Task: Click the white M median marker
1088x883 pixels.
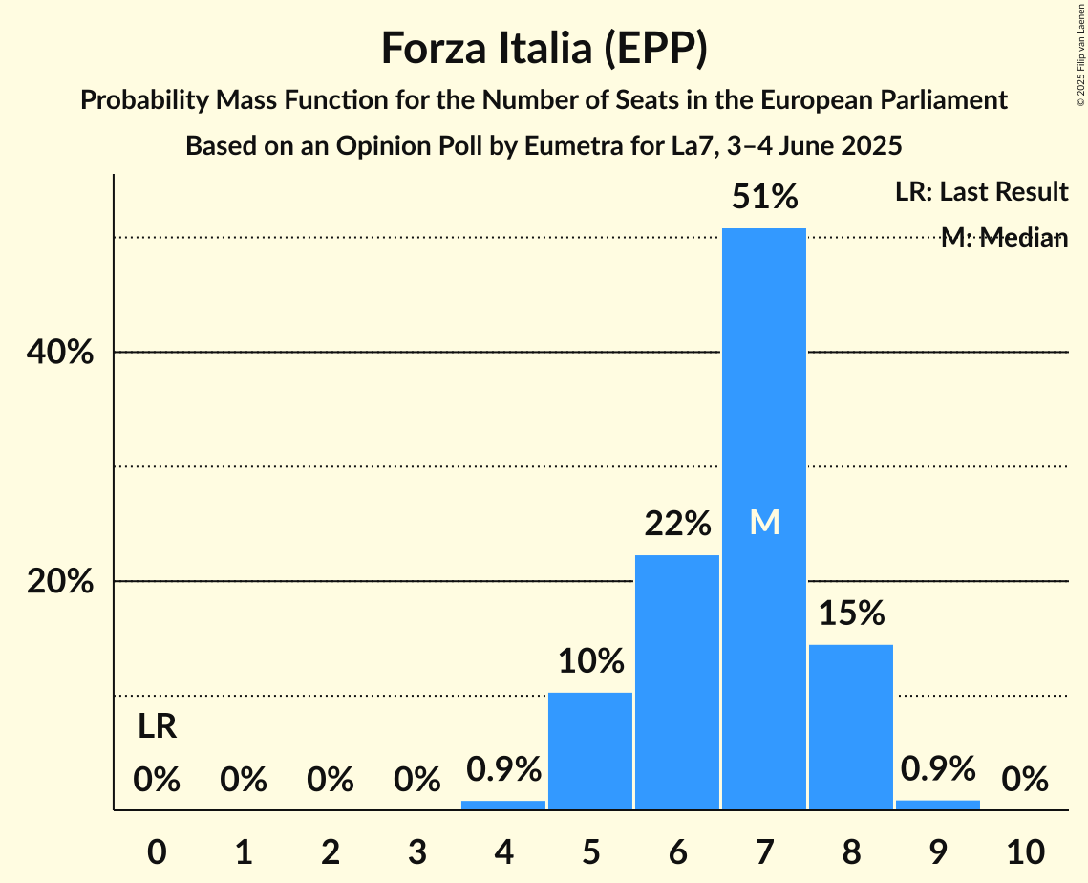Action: pyautogui.click(x=764, y=522)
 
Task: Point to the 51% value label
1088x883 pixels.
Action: pyautogui.click(x=764, y=198)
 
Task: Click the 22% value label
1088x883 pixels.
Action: pyautogui.click(x=676, y=524)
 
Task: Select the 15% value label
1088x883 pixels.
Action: pyautogui.click(x=850, y=614)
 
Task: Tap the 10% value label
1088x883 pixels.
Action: pyautogui.click(x=590, y=660)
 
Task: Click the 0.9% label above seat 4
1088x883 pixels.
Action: pyautogui.click(x=503, y=768)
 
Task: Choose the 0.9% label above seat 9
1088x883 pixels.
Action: pyautogui.click(x=937, y=768)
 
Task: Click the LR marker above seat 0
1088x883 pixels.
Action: pyautogui.click(x=157, y=727)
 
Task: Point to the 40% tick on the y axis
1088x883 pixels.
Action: pyautogui.click(x=59, y=353)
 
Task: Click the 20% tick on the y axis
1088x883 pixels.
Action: pyautogui.click(x=59, y=582)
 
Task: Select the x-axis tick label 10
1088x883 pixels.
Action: pyautogui.click(x=1024, y=851)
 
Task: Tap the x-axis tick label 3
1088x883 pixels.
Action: pyautogui.click(x=416, y=851)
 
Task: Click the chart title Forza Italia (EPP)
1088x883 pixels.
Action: pyautogui.click(x=544, y=49)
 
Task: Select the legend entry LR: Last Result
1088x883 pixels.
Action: pyautogui.click(x=981, y=192)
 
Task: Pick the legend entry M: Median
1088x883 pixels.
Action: pyautogui.click(x=1003, y=238)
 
